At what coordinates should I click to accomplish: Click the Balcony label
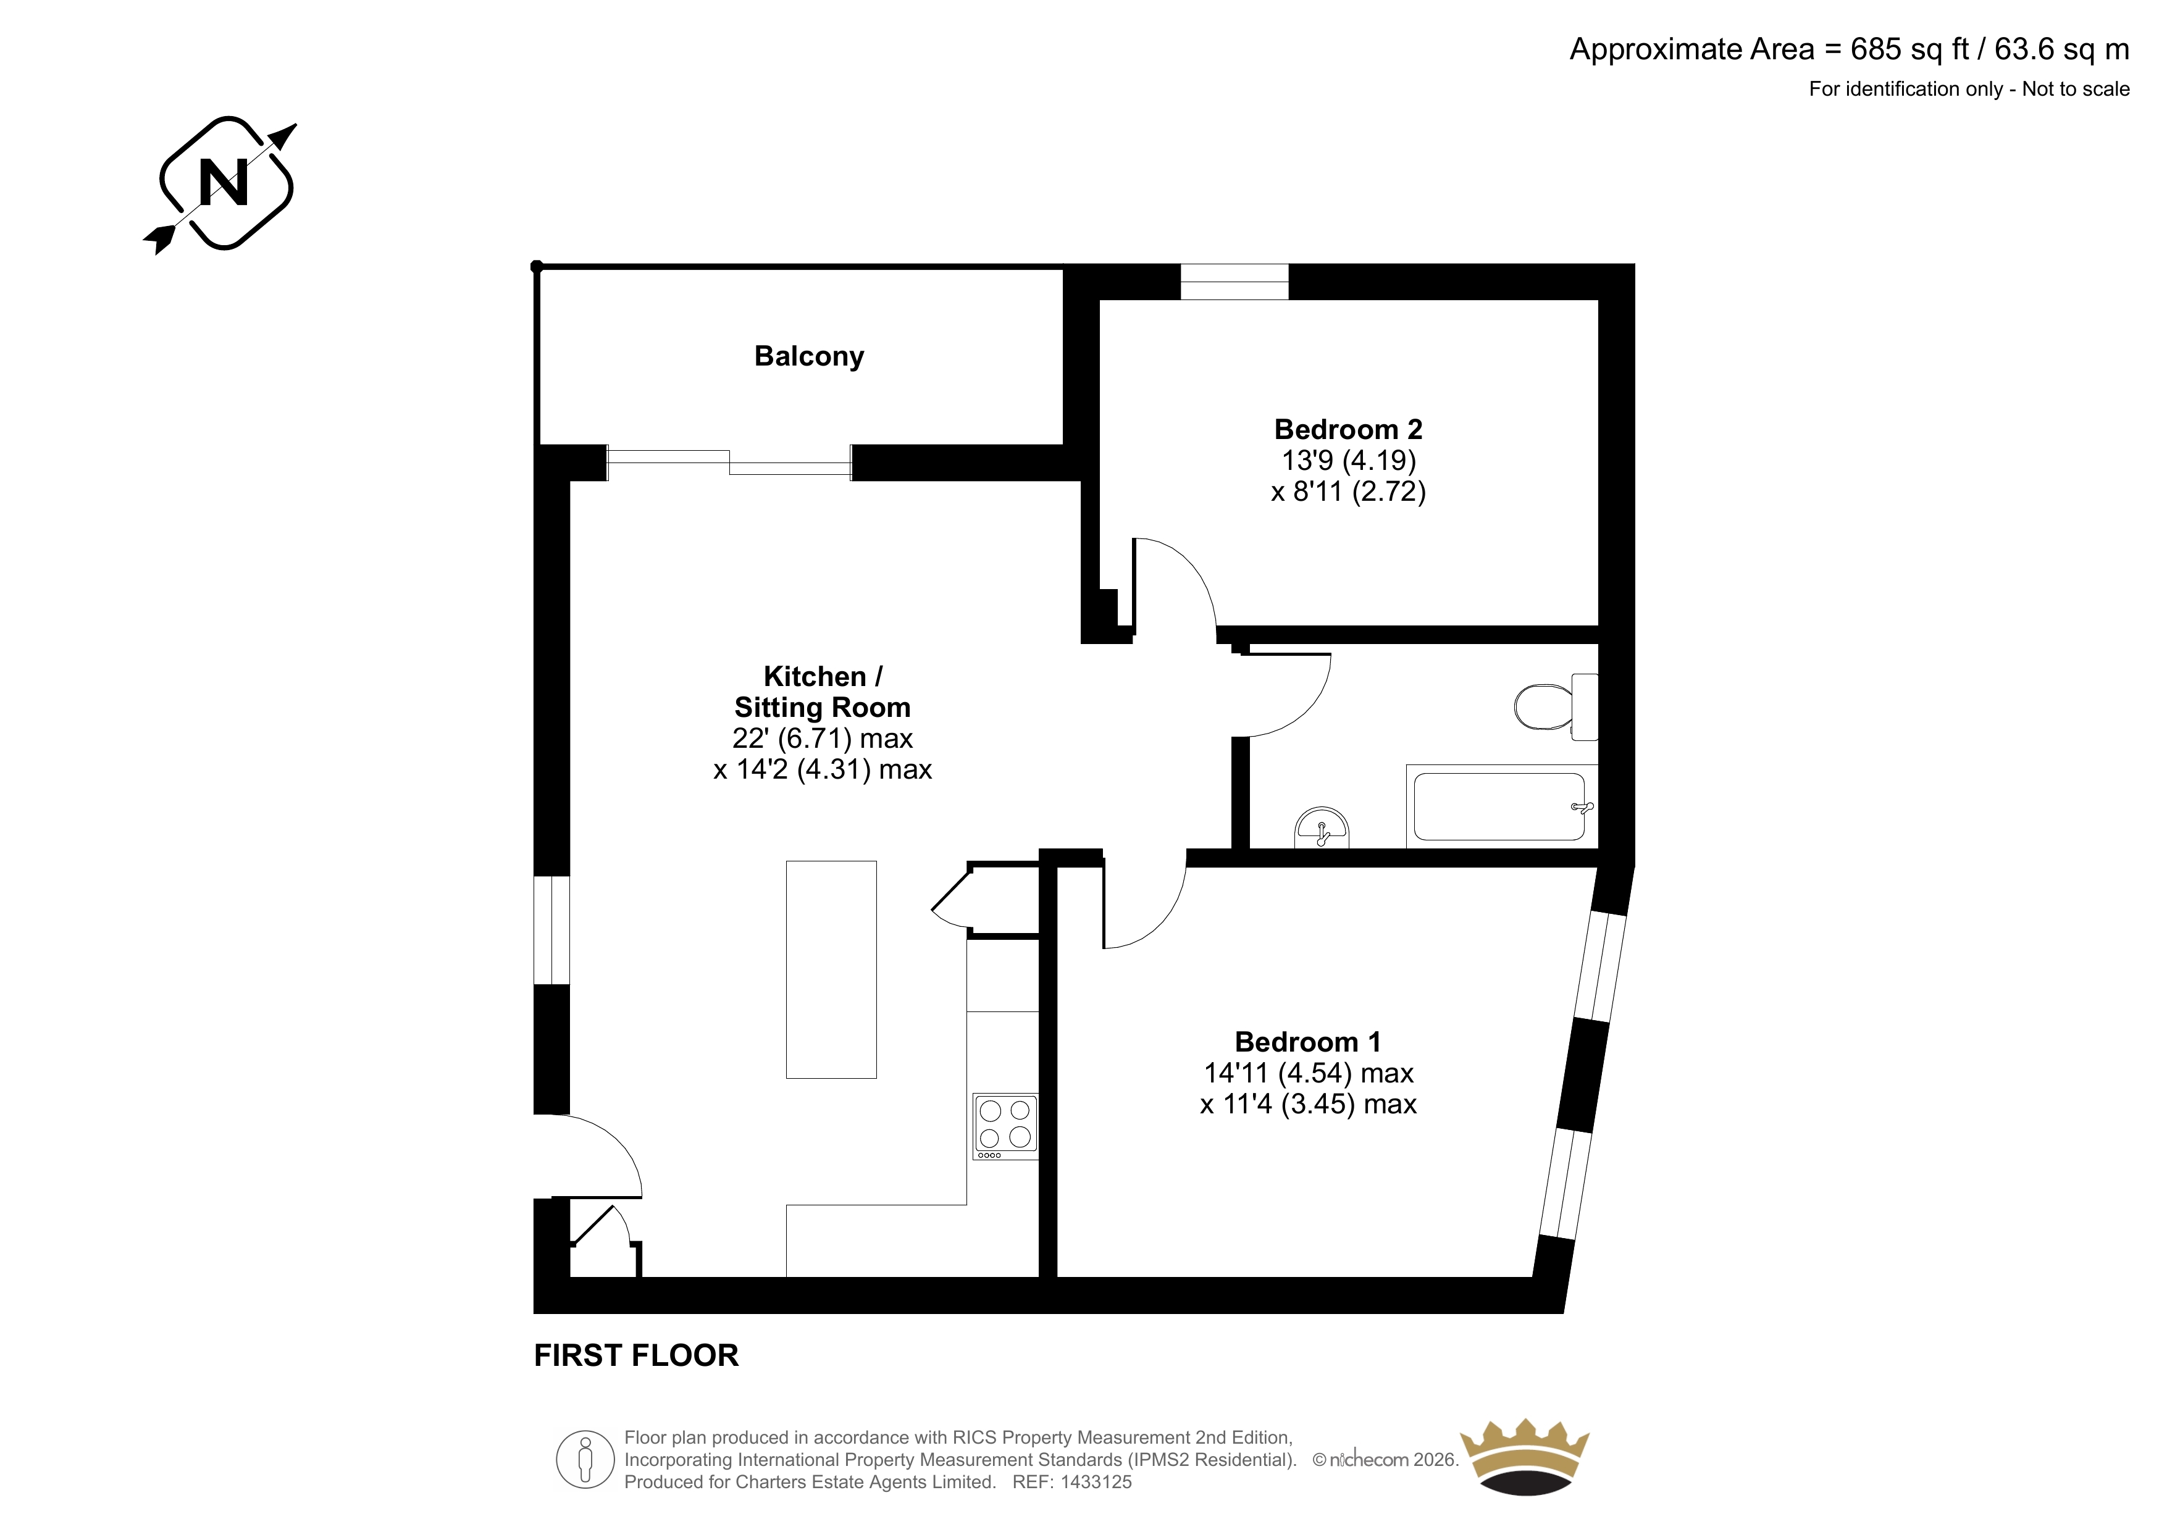pyautogui.click(x=809, y=357)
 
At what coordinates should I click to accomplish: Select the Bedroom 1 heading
pyautogui.click(x=1307, y=1042)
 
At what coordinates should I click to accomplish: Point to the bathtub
pyautogui.click(x=1502, y=806)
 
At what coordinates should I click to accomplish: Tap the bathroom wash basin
pyautogui.click(x=1322, y=828)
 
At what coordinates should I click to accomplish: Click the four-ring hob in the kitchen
pyautogui.click(x=1005, y=1127)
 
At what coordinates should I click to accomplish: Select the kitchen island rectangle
pyautogui.click(x=831, y=969)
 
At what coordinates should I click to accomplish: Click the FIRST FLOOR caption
pyautogui.click(x=636, y=1355)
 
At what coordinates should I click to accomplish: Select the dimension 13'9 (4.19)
pyautogui.click(x=1349, y=461)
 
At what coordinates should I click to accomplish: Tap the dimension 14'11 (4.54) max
pyautogui.click(x=1308, y=1073)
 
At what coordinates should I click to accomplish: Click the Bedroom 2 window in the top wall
pyautogui.click(x=1234, y=282)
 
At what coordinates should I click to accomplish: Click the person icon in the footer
pyautogui.click(x=585, y=1459)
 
